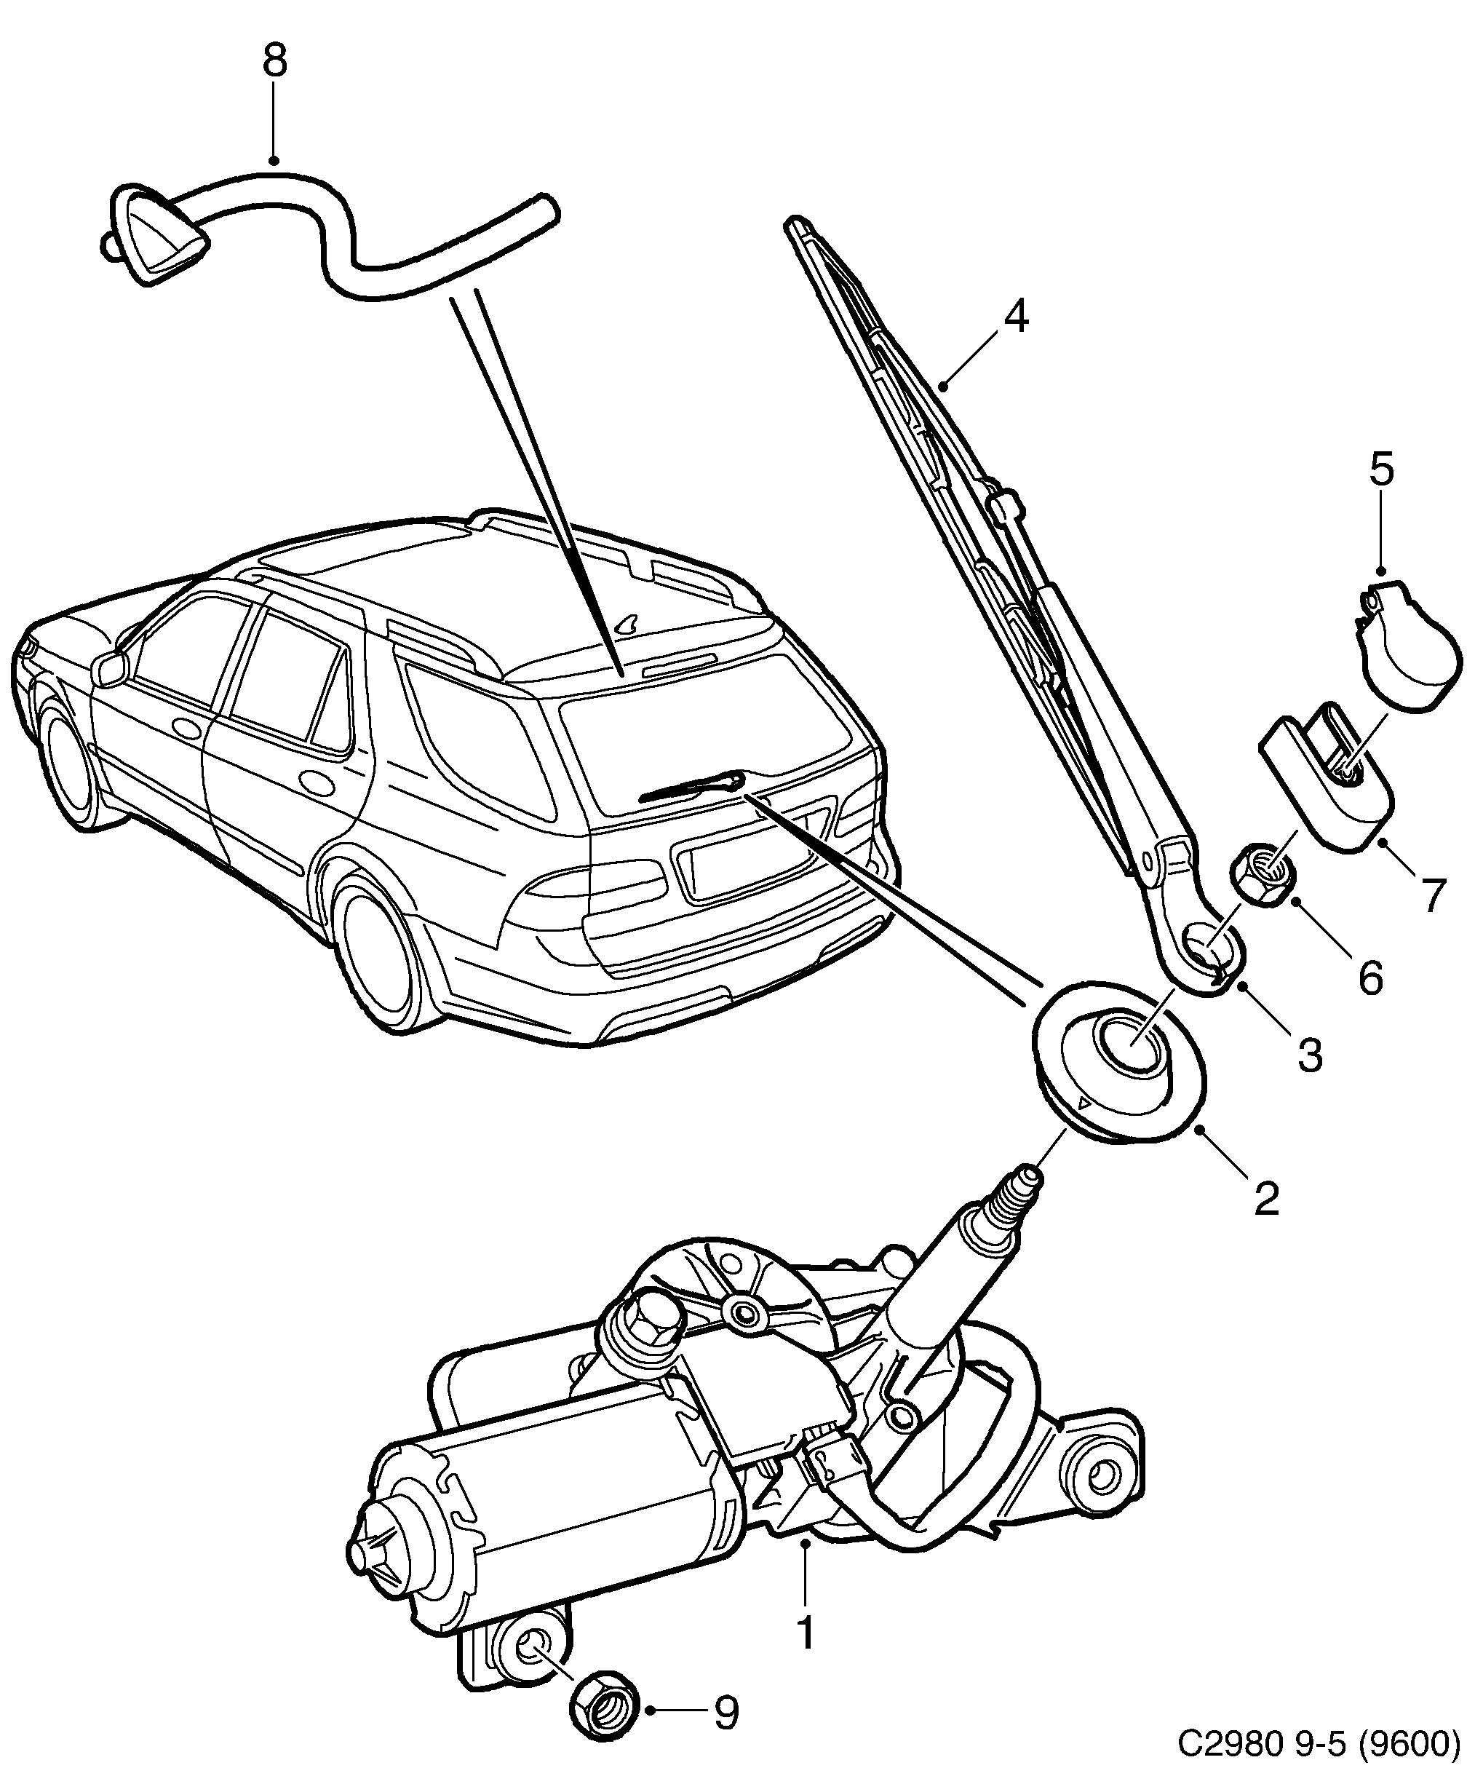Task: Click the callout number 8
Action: (x=274, y=61)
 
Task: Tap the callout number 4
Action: (x=1016, y=318)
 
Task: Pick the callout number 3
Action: (x=1310, y=1055)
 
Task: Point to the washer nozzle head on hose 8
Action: (x=160, y=238)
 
